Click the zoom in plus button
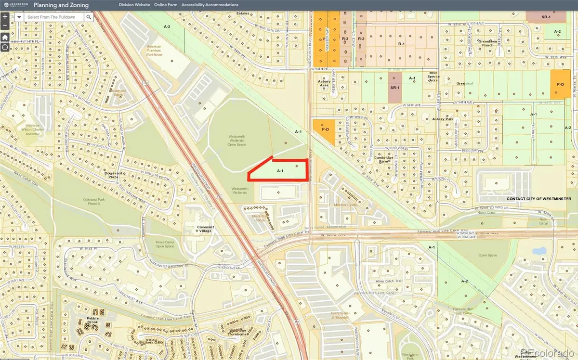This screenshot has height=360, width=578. click(x=4, y=15)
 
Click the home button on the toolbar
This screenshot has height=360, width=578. click(x=4, y=37)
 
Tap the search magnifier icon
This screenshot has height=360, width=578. click(x=89, y=16)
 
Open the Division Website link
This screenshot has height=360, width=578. click(x=135, y=5)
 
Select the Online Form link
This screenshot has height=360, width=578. click(x=166, y=5)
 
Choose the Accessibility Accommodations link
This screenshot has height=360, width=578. click(x=210, y=5)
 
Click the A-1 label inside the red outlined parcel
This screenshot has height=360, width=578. click(x=280, y=171)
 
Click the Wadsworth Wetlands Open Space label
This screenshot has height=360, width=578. click(x=237, y=140)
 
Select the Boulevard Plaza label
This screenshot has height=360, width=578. click(x=112, y=177)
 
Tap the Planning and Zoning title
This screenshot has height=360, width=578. click(x=61, y=5)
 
